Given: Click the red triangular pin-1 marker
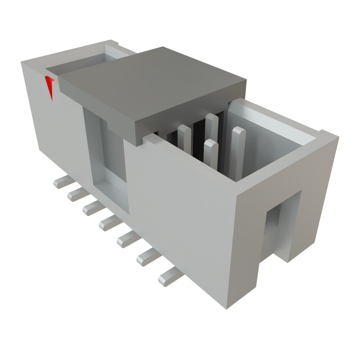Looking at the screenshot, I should (x=50, y=86).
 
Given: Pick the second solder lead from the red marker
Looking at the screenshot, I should (x=77, y=194).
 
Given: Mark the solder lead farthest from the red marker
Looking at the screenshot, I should (x=169, y=278).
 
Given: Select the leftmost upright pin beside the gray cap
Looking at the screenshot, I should (x=184, y=139).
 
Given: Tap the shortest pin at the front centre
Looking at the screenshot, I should (x=210, y=153).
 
